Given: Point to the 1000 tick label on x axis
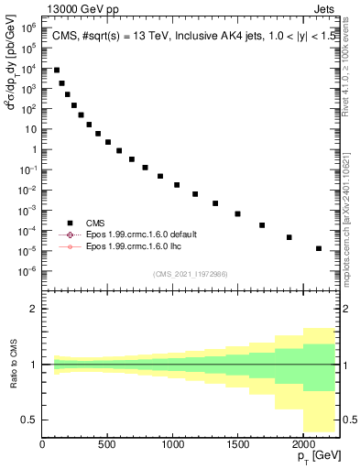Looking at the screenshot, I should [x=172, y=444].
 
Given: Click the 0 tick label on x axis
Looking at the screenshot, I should [x=42, y=444].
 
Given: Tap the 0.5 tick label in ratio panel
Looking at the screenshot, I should [x=29, y=420].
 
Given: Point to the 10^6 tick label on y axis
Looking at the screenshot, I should [x=27, y=28].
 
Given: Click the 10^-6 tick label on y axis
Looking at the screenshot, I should [x=27, y=270].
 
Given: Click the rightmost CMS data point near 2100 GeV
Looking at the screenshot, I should [x=318, y=248].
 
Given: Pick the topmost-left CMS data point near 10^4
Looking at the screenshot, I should [x=57, y=70].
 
